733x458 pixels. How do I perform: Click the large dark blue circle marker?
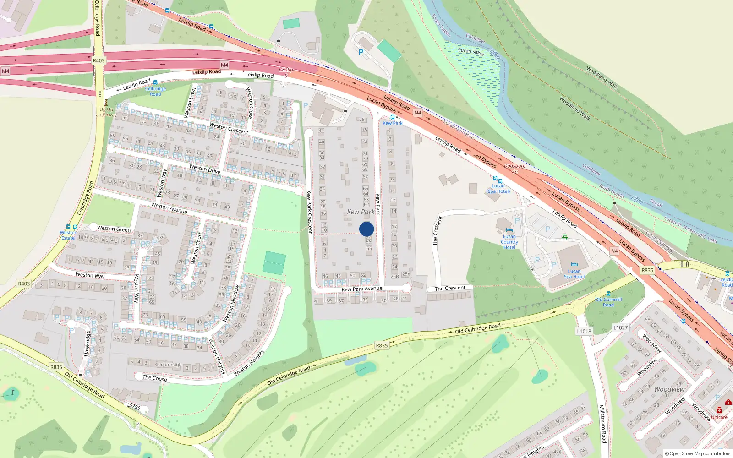(366, 229)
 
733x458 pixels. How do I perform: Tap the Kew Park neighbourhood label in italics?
(361, 212)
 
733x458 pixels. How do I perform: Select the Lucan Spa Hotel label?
(574, 273)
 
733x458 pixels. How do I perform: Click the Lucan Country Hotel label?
(509, 242)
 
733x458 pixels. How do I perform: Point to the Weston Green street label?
(114, 229)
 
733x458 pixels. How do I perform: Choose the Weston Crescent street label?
(229, 128)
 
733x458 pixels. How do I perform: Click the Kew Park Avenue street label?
(361, 289)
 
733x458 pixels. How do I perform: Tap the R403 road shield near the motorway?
(98, 60)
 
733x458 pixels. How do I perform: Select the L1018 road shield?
(584, 331)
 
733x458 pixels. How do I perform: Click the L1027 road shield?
(620, 327)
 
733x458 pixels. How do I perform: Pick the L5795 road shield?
(133, 406)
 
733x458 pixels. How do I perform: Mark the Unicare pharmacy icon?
(719, 410)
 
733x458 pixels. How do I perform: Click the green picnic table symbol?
(565, 237)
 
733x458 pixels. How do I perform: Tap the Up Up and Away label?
(106, 112)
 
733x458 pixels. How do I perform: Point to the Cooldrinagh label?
(168, 365)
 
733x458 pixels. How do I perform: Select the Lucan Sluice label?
(471, 51)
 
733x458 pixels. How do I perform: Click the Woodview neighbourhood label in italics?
(669, 389)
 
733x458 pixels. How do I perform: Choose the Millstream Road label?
(603, 424)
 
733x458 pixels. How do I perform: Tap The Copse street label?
(154, 378)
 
